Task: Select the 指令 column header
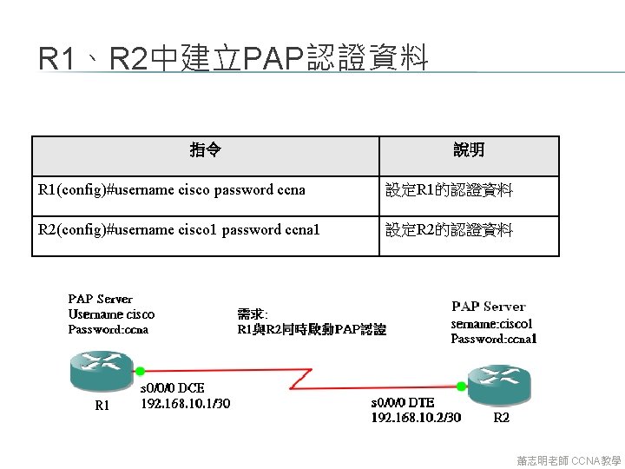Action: click(x=205, y=151)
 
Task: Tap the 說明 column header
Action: click(x=469, y=151)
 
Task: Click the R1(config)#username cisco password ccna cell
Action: click(x=172, y=190)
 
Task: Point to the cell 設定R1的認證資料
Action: click(x=449, y=190)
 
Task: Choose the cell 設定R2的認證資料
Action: click(x=449, y=230)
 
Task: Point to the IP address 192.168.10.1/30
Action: click(x=186, y=403)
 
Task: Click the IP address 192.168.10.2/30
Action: click(x=416, y=417)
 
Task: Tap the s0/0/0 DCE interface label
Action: click(x=173, y=388)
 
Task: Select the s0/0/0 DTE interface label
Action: click(x=403, y=403)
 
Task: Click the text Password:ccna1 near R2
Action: click(x=493, y=339)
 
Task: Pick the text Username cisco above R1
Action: click(x=111, y=314)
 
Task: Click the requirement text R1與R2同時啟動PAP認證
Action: click(x=312, y=330)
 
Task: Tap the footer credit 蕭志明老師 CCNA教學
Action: click(x=569, y=459)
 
